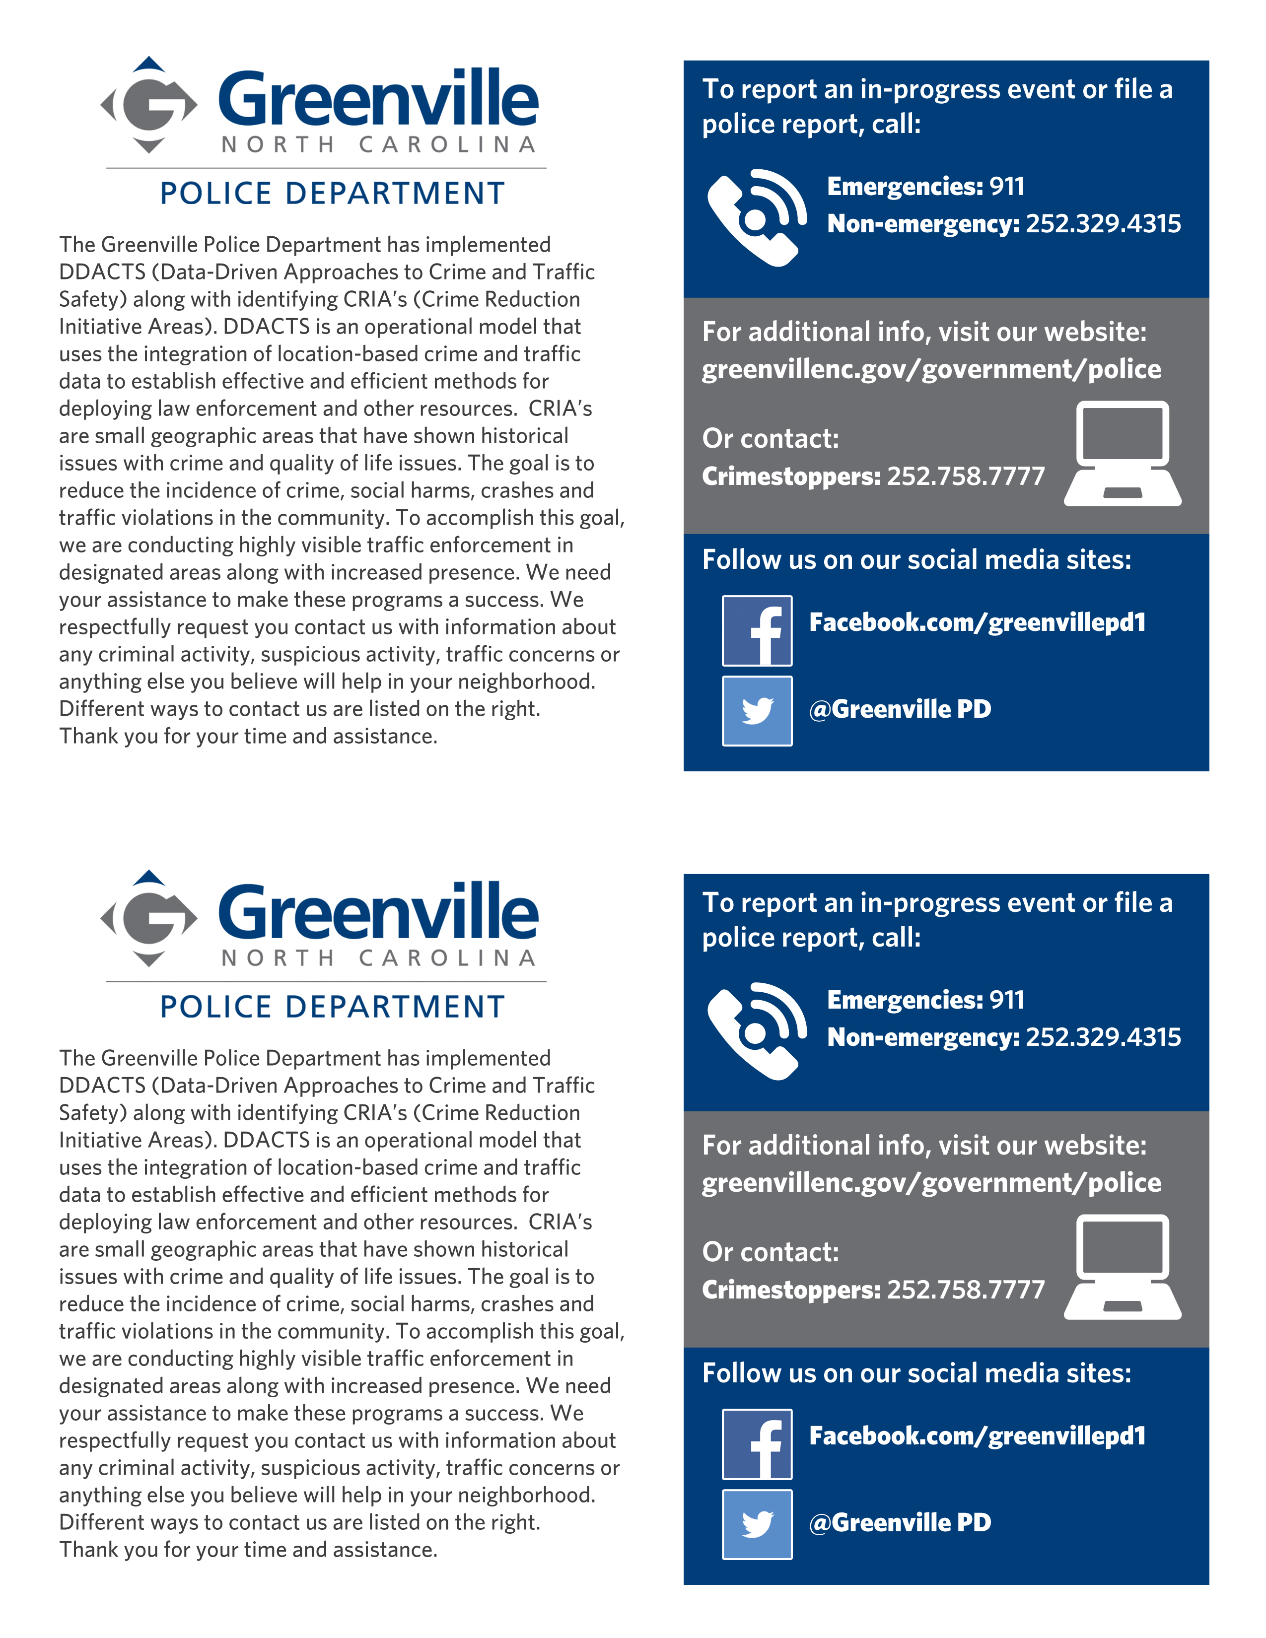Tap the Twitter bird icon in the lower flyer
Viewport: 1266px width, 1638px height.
click(x=757, y=1524)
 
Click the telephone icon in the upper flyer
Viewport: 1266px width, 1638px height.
click(x=756, y=217)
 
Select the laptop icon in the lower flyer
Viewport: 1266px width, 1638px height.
click(x=1122, y=1268)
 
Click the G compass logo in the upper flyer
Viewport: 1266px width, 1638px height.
click(x=149, y=105)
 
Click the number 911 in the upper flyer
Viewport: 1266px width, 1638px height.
click(x=1006, y=186)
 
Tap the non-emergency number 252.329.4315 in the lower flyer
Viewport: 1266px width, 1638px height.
click(x=1103, y=1037)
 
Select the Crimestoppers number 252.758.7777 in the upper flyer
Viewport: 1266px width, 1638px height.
click(x=966, y=476)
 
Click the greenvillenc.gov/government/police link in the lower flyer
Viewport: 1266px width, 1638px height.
click(x=931, y=1183)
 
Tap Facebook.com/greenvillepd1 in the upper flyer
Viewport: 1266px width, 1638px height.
click(x=977, y=622)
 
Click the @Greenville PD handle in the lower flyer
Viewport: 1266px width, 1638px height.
click(x=900, y=1522)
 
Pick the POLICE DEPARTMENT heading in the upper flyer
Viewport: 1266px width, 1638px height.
click(x=332, y=194)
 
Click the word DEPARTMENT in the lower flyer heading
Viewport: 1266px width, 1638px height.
click(x=395, y=1007)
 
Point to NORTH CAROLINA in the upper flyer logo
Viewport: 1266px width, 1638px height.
click(x=379, y=144)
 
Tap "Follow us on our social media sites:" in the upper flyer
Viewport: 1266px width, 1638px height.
click(x=916, y=559)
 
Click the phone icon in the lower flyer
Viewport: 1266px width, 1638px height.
click(x=756, y=1031)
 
